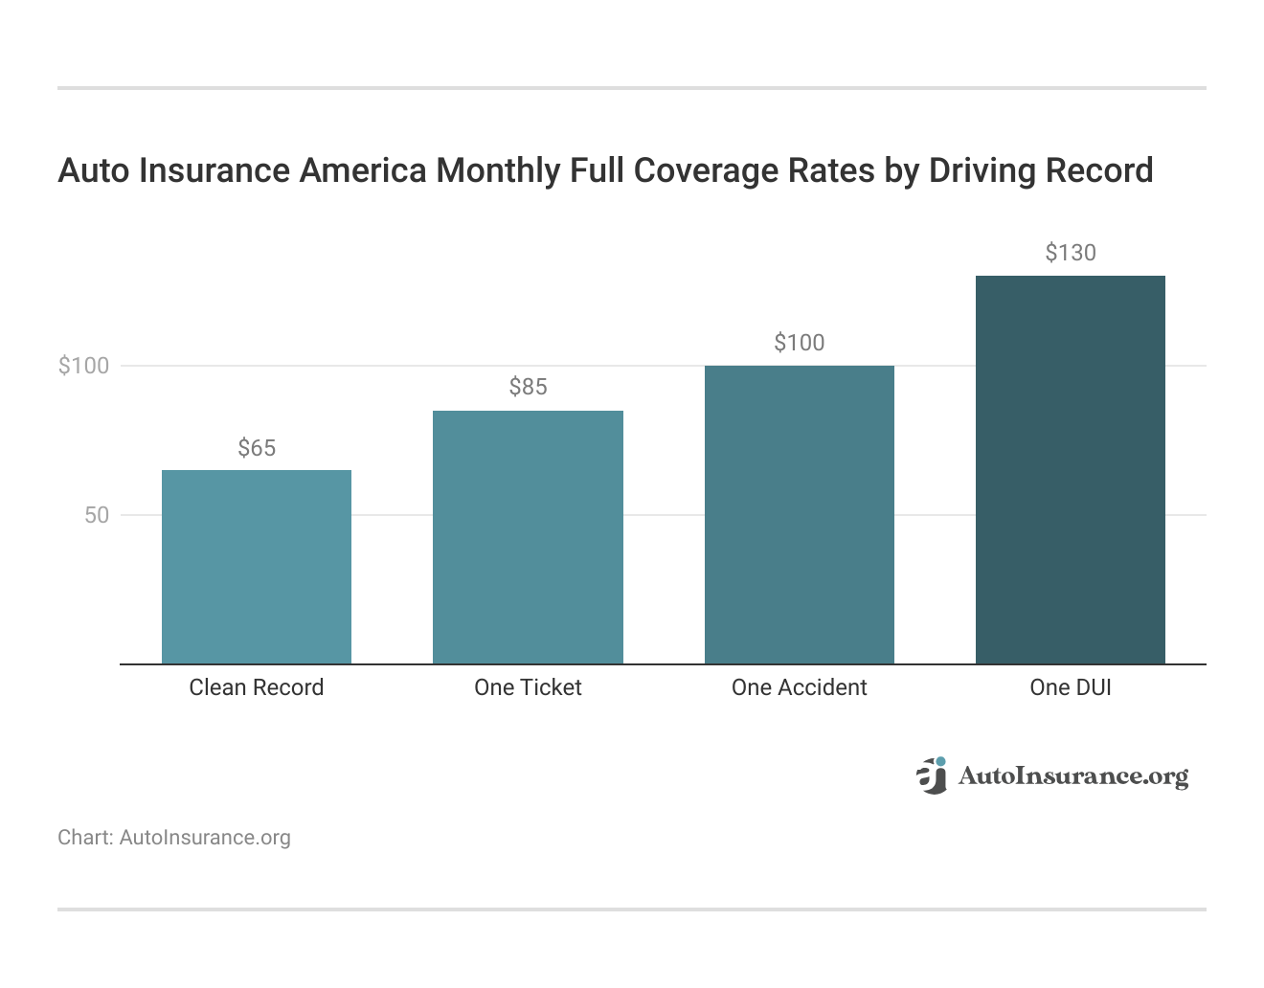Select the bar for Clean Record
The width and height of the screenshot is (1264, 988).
256,567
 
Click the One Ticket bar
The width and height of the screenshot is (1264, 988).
528,537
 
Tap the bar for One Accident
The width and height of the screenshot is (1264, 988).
799,514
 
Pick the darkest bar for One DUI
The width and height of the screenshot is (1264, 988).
1070,469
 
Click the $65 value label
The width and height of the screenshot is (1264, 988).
257,448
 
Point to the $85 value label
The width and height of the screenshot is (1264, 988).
528,387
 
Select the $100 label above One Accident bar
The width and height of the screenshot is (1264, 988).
799,343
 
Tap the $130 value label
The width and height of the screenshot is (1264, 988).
1070,253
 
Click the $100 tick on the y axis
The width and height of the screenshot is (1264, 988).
84,366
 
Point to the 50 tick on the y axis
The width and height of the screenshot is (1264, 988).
97,515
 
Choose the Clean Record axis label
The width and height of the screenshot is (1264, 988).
257,687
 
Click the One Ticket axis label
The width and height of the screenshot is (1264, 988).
528,687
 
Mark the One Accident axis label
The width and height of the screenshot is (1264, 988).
799,687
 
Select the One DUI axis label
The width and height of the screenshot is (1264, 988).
1070,687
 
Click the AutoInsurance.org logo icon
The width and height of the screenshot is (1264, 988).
932,775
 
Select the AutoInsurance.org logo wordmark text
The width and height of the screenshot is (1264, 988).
1072,775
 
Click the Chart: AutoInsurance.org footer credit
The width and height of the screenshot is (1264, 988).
173,838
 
